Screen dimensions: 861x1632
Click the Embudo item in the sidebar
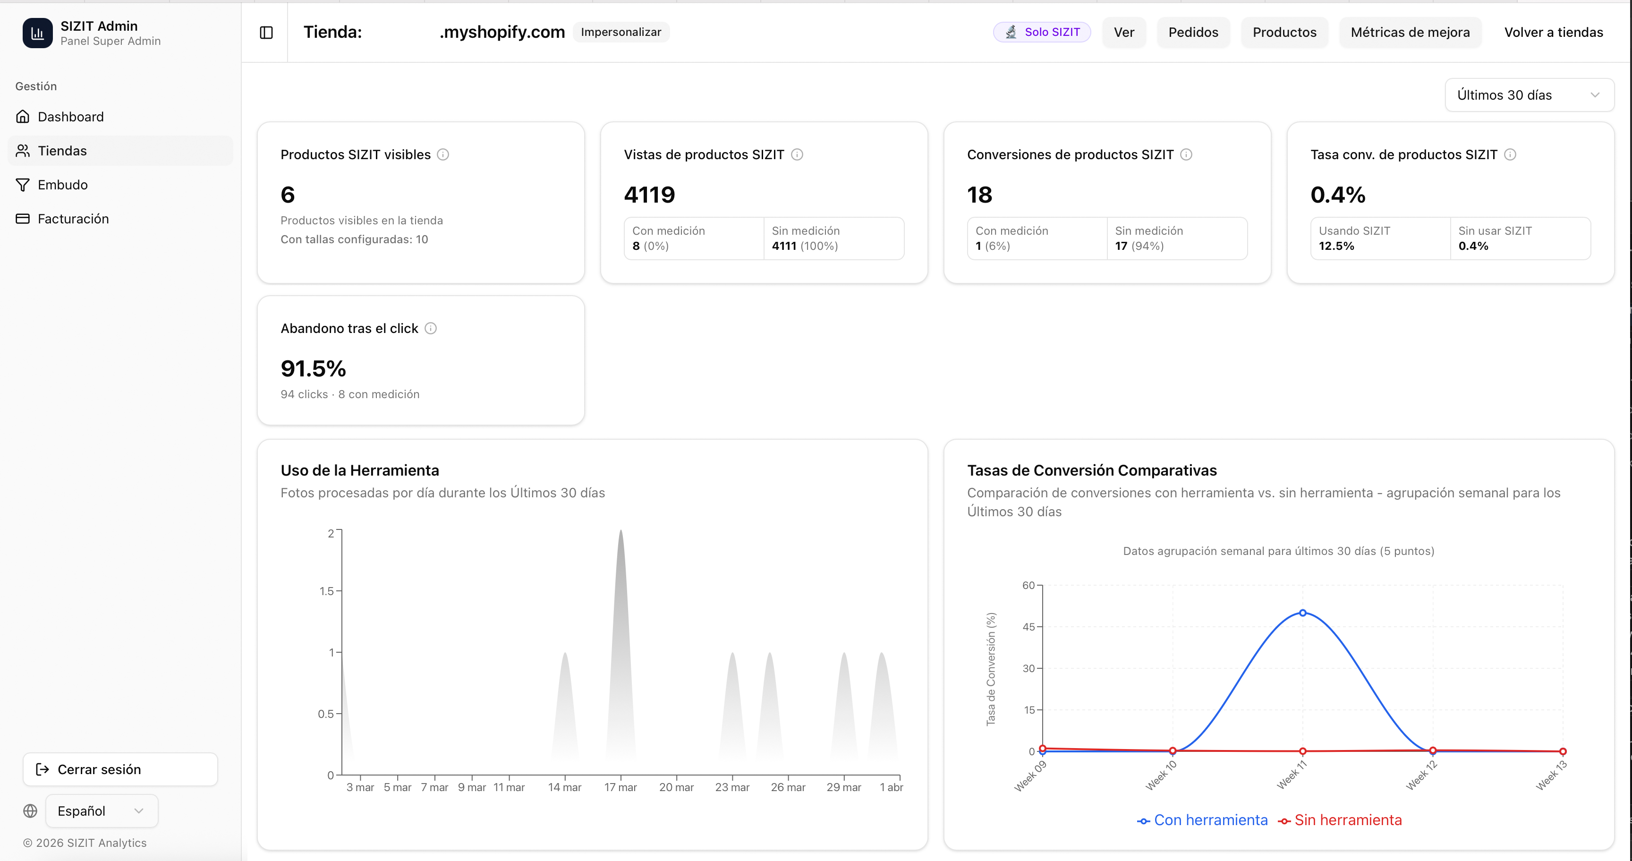point(62,184)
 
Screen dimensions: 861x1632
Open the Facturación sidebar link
point(73,219)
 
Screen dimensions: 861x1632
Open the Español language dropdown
point(102,811)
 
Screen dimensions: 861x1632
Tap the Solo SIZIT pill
point(1042,32)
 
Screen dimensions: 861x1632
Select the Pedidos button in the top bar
point(1192,32)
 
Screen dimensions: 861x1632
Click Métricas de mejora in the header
point(1410,32)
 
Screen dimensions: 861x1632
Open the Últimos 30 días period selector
point(1528,95)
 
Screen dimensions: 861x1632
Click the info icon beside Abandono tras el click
point(430,328)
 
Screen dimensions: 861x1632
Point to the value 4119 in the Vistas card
point(649,195)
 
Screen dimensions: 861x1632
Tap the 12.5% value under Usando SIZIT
point(1336,246)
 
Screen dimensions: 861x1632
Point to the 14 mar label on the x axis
point(564,787)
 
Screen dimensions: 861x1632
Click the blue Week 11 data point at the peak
point(1302,613)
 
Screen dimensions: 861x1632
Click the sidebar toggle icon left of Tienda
point(266,32)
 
